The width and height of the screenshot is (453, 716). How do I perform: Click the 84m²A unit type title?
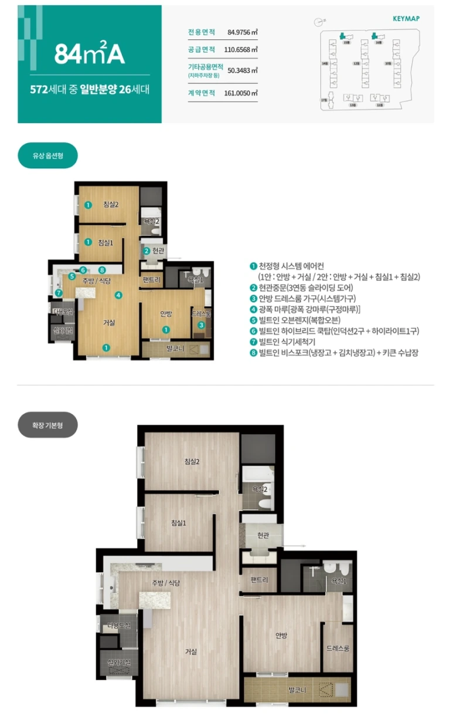click(x=90, y=54)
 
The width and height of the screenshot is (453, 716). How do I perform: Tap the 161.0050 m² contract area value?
click(x=241, y=93)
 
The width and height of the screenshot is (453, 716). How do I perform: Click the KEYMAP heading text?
click(x=406, y=19)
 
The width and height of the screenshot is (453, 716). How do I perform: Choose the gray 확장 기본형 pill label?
click(x=47, y=424)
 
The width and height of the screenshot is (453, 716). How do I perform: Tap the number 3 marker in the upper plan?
click(x=201, y=325)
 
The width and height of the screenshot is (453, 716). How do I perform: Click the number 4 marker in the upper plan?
click(x=119, y=295)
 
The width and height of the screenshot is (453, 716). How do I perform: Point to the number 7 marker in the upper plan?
click(x=58, y=293)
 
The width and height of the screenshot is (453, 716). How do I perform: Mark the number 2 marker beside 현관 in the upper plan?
click(x=146, y=251)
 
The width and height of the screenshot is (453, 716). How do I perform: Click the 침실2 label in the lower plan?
click(x=192, y=462)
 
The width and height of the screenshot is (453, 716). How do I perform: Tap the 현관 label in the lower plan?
click(x=263, y=535)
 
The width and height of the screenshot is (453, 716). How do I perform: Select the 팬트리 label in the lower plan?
click(x=259, y=580)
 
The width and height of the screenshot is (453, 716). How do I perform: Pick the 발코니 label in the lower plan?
click(x=297, y=690)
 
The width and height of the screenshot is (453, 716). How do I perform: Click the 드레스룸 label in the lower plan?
click(x=338, y=649)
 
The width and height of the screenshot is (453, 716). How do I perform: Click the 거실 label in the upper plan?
click(x=109, y=322)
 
